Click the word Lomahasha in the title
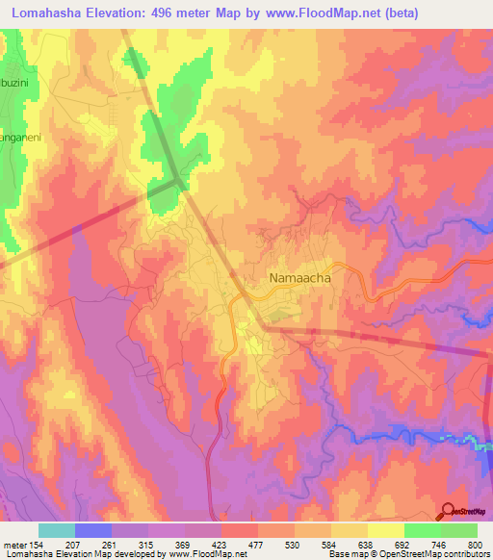point(56,13)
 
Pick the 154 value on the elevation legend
point(39,547)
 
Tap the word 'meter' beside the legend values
point(14,547)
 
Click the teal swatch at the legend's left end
point(57,530)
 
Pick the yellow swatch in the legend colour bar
point(386,530)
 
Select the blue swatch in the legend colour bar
point(93,530)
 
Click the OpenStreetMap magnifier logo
point(449,511)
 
